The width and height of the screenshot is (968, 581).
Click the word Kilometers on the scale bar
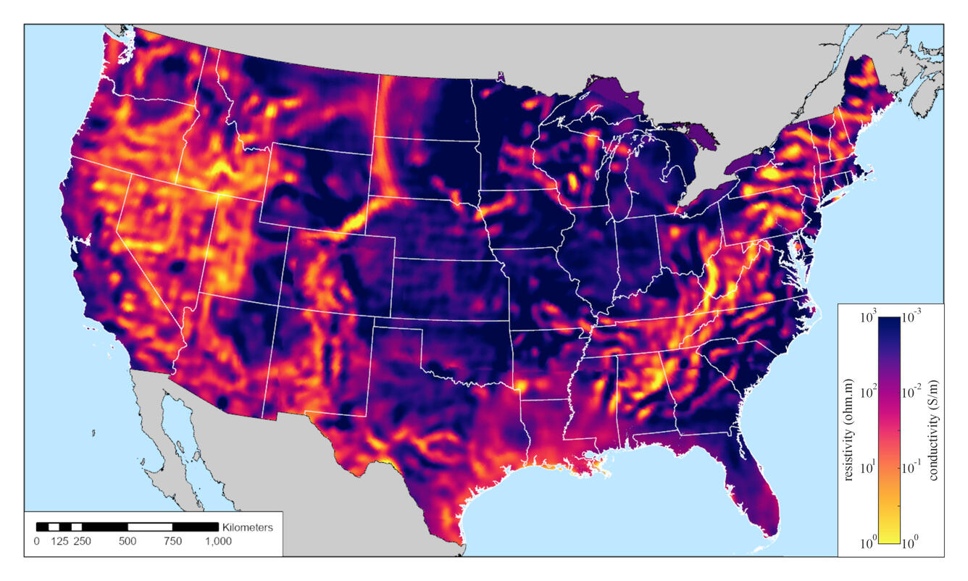pos(248,527)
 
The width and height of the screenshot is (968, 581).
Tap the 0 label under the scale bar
pos(37,541)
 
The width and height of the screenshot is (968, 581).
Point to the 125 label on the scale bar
pos(59,541)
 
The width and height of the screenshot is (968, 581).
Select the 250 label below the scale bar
pos(81,541)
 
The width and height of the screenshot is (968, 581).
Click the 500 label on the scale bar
pos(128,541)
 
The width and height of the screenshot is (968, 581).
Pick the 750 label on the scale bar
pos(172,541)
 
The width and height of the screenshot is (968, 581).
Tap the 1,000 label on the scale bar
pos(218,541)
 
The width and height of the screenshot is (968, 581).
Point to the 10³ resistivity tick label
pos(867,317)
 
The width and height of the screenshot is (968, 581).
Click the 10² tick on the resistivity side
pos(867,392)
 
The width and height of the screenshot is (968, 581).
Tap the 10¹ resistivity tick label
pos(867,467)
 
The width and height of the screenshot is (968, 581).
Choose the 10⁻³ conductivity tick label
pos(912,317)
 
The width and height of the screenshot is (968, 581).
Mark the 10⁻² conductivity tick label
pos(912,392)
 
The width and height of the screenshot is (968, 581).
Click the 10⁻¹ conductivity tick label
pos(912,467)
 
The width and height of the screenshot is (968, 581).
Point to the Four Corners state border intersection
pos(278,305)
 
